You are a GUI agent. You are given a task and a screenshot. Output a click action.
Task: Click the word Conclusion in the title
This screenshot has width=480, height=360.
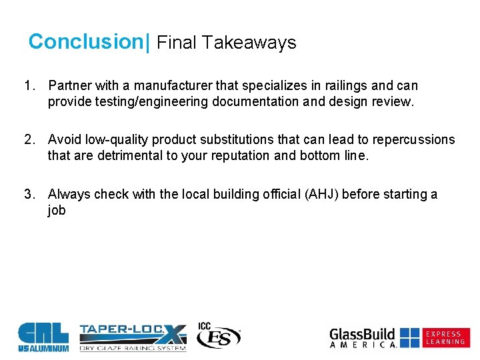tap(86, 42)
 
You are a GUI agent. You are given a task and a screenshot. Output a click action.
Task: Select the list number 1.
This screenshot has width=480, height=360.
tap(29, 85)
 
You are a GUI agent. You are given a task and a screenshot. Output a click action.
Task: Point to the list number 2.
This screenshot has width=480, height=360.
tap(29, 140)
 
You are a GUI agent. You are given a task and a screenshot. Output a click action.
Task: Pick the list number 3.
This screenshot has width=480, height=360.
tap(29, 194)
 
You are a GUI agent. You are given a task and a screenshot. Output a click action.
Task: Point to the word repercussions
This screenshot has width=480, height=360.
tap(414, 140)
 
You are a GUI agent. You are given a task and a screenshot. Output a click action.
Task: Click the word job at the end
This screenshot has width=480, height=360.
tap(57, 211)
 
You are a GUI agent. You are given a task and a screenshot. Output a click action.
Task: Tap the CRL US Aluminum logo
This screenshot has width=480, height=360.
tap(43, 337)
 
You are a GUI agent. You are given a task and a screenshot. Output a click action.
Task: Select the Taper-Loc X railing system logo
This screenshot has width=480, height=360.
tap(133, 337)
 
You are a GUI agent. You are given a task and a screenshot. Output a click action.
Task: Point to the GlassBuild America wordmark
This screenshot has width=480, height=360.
tap(363, 337)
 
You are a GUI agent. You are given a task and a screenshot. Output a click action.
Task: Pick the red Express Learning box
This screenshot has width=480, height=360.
tap(446, 337)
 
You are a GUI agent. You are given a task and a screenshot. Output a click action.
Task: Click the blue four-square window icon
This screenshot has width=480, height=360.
tap(410, 337)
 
